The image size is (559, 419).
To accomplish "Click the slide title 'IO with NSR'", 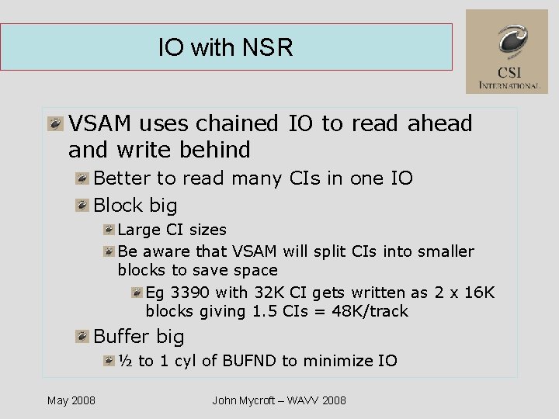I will [225, 48].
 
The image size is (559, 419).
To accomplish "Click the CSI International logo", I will [506, 52].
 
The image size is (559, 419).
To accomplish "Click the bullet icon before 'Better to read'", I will [82, 178].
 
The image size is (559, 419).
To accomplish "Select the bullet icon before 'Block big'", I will [82, 206].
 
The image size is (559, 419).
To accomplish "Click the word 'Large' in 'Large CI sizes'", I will [138, 230].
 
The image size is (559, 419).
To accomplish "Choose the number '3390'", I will [189, 293].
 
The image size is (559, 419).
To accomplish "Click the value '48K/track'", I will [372, 311].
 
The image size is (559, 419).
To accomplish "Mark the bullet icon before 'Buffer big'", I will [82, 337].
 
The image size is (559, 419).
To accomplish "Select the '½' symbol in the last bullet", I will [125, 361].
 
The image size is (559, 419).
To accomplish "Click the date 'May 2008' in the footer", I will [71, 400].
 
